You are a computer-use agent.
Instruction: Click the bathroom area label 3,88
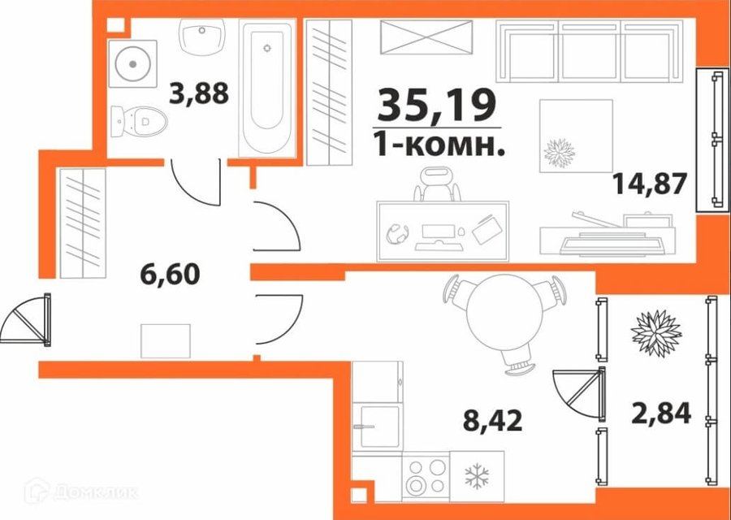(199, 93)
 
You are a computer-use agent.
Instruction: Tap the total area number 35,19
(436, 106)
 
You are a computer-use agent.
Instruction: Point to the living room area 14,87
(650, 184)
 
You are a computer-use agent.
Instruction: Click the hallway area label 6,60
(171, 274)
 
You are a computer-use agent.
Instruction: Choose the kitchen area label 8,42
(493, 420)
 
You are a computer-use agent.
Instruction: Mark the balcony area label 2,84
(661, 414)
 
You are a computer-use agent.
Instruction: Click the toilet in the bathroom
(139, 121)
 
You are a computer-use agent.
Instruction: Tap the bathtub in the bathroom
(267, 88)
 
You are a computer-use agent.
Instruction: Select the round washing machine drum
(133, 64)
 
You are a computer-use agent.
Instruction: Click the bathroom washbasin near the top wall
(202, 37)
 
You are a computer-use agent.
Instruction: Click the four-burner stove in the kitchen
(425, 477)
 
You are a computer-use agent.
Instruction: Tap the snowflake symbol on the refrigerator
(477, 476)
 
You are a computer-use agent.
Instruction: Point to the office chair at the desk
(437, 185)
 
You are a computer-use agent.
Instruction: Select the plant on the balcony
(656, 333)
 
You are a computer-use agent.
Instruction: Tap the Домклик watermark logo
(81, 491)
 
